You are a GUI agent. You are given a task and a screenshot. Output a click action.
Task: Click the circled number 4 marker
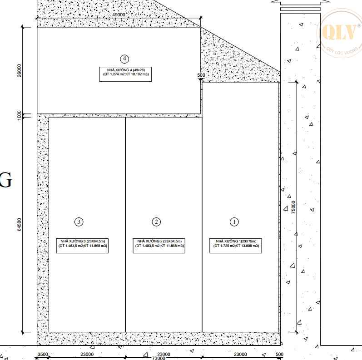[124, 59]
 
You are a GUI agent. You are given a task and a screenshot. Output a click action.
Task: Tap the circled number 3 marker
[79, 222]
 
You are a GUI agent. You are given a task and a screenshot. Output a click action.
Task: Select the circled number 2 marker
[156, 222]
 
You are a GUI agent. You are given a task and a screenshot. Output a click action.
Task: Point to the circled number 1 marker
[234, 222]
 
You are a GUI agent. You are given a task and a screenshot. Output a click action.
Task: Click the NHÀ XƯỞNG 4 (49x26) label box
[126, 74]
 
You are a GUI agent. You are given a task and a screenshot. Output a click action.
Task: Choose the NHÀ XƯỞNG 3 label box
[82, 246]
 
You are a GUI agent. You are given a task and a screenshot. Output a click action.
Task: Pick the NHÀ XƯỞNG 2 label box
[159, 246]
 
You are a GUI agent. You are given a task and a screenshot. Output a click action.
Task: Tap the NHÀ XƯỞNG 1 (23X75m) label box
[236, 246]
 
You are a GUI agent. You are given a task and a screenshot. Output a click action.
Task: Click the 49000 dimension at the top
[119, 15]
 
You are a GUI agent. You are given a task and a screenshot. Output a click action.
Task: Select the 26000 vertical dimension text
[19, 70]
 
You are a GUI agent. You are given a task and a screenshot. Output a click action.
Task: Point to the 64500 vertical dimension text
[19, 224]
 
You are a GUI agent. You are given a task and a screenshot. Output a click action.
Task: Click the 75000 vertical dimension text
[293, 207]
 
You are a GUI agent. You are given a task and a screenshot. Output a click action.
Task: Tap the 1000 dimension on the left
[19, 115]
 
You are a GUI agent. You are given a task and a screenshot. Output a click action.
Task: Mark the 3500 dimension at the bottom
[43, 354]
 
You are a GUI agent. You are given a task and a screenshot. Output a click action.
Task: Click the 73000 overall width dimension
[159, 358]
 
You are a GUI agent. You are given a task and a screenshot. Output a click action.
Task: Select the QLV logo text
[339, 32]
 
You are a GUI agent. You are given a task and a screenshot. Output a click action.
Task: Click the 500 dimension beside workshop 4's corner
[201, 75]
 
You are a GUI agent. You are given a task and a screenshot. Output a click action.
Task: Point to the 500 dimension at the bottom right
[279, 354]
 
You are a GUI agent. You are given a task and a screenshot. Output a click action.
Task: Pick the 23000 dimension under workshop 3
[87, 354]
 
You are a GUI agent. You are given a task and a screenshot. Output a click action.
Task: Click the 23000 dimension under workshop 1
[240, 354]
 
